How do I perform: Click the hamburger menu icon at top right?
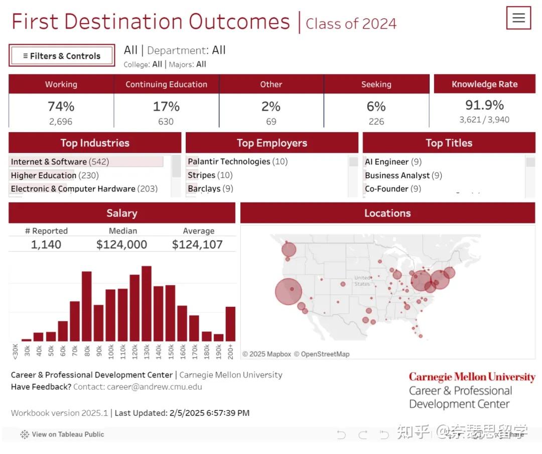[x=518, y=18]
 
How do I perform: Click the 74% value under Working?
[x=61, y=106]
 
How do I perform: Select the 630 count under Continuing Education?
[x=166, y=122]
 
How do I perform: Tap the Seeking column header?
[x=376, y=84]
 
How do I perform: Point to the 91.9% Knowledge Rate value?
[x=484, y=105]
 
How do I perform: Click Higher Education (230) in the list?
[x=55, y=175]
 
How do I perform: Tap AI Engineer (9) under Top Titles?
[x=393, y=162]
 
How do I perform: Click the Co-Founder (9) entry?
[x=393, y=189]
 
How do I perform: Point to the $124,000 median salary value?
[x=122, y=245]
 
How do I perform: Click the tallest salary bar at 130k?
[x=147, y=304]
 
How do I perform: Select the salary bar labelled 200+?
[x=230, y=324]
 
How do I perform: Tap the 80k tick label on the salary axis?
[x=87, y=351]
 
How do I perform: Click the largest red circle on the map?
[x=289, y=292]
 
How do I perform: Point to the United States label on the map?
[x=362, y=281]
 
